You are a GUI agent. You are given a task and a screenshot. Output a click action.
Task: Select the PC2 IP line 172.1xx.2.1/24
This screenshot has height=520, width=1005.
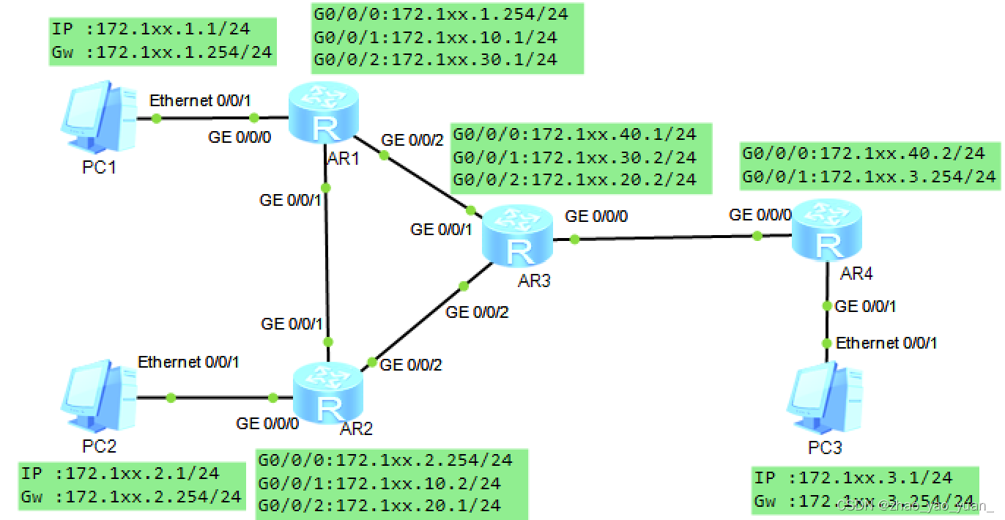[120, 474]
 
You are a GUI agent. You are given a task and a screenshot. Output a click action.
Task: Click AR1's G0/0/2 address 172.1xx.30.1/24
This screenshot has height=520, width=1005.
[435, 59]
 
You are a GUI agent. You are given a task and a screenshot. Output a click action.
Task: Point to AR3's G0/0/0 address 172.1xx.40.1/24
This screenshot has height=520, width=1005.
[574, 135]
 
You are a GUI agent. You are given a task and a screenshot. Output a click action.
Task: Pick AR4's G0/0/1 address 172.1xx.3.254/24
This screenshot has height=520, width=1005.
[869, 177]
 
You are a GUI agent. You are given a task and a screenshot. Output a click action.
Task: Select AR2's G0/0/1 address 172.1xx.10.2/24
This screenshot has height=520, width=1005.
[379, 483]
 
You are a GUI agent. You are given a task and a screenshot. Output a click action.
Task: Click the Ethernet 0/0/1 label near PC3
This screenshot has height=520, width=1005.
[886, 342]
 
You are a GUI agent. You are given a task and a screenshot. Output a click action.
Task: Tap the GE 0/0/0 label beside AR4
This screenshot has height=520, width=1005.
[760, 215]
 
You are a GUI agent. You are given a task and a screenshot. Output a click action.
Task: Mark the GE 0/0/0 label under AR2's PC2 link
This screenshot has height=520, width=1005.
[267, 423]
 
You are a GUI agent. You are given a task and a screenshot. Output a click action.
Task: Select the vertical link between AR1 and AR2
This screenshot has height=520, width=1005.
[327, 264]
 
